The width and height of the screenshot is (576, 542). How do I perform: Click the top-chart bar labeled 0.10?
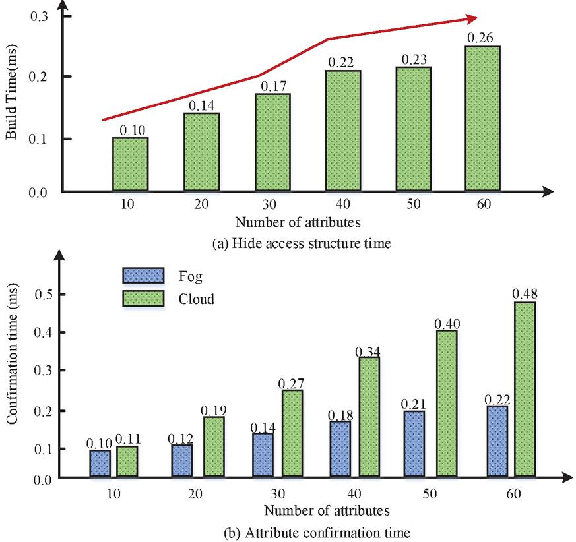[130, 165]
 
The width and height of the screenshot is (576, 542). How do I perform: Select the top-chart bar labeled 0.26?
[482, 119]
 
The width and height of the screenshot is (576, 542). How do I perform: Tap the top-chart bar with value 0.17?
[271, 142]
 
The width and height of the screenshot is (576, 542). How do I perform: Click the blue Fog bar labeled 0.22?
[497, 441]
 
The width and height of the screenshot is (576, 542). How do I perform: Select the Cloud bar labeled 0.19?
[214, 446]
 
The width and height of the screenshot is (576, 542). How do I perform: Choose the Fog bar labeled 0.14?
[263, 455]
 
